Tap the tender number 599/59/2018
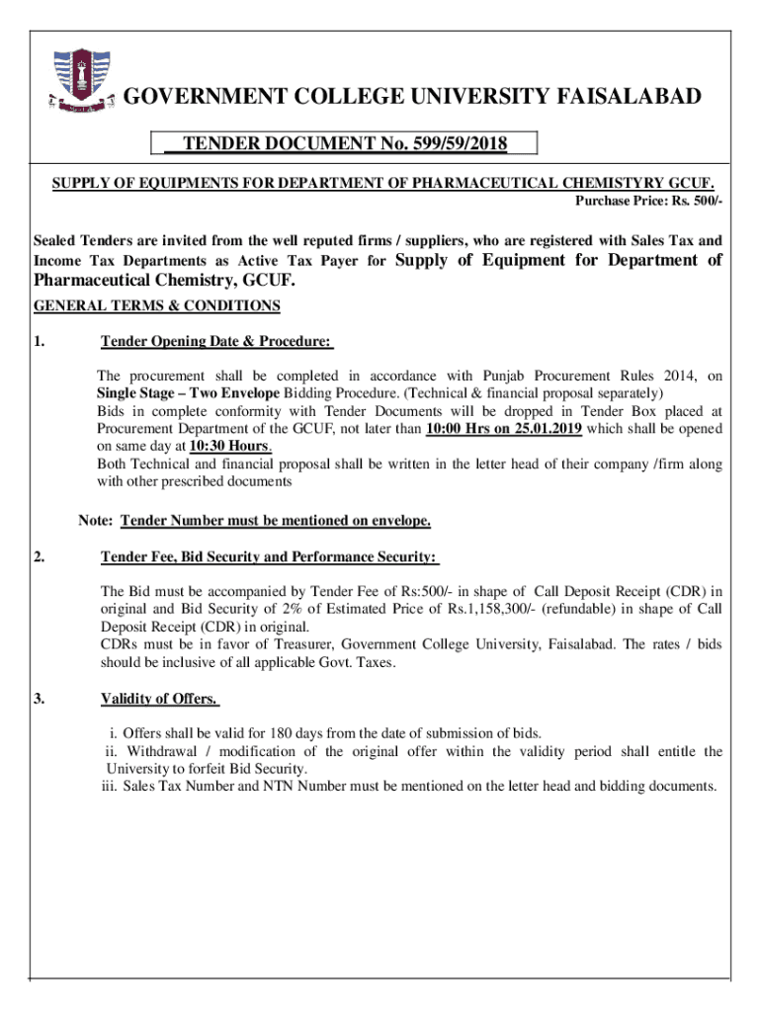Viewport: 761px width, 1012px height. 454,145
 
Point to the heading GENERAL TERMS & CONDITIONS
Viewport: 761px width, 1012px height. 157,305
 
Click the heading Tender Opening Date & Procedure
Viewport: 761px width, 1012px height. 216,342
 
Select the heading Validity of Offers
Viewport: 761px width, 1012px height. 159,700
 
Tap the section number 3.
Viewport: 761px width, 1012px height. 39,700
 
